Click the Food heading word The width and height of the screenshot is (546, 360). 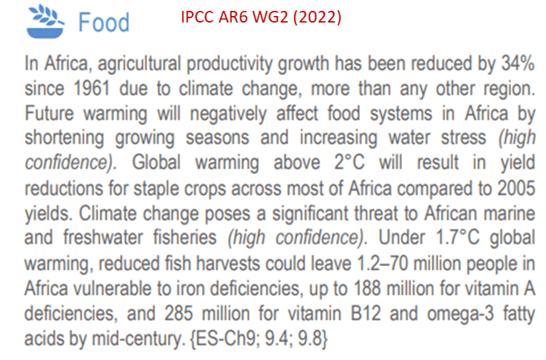pos(104,22)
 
